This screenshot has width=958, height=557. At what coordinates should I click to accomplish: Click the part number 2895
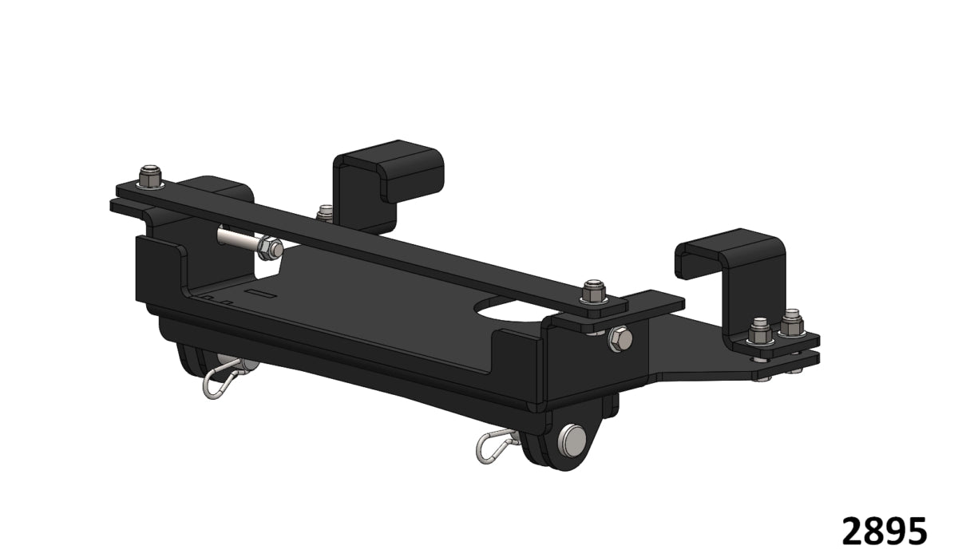(885, 530)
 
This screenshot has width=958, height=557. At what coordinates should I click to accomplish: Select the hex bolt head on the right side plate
(620, 340)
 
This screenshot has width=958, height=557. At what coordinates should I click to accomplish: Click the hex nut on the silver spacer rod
(271, 250)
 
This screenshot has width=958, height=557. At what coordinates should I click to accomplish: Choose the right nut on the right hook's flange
(791, 322)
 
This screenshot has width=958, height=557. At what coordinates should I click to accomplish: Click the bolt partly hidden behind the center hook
(324, 212)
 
